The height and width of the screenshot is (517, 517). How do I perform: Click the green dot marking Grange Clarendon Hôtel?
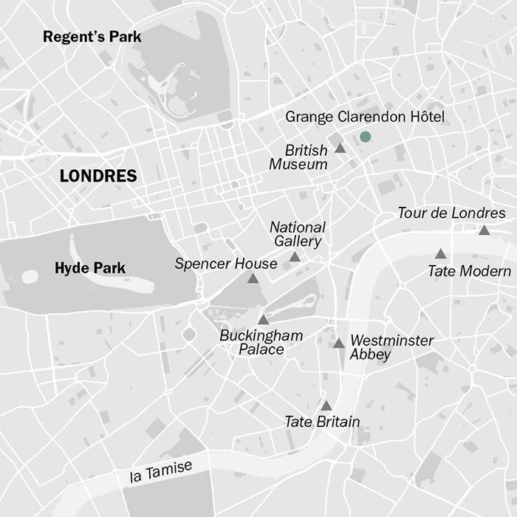point(365,137)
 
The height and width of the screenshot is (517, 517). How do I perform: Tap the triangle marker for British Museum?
point(340,148)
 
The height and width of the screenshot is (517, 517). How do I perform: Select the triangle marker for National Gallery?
point(295,257)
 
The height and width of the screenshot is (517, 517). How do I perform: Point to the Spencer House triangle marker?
point(253,279)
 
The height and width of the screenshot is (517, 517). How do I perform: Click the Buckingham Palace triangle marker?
point(263,320)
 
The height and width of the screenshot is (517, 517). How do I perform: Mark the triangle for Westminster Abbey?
point(338,343)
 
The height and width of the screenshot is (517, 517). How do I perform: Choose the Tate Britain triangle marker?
point(326,406)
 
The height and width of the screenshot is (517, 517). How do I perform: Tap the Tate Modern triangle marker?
point(440,254)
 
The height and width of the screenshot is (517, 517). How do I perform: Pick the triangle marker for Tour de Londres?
point(484,230)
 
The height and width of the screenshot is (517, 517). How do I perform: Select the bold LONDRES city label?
point(98,176)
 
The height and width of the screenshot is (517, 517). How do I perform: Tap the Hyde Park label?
point(90,268)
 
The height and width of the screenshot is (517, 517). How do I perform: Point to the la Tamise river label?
point(160,470)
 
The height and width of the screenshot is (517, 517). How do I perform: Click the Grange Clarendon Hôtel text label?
point(365,117)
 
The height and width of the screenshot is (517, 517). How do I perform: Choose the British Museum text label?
point(298,157)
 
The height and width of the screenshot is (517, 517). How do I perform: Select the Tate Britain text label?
point(322,422)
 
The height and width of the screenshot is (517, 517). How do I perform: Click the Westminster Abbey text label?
point(391,348)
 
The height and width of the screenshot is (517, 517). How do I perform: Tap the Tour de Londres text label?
point(451,213)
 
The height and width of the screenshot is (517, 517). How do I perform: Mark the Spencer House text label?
point(226,264)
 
